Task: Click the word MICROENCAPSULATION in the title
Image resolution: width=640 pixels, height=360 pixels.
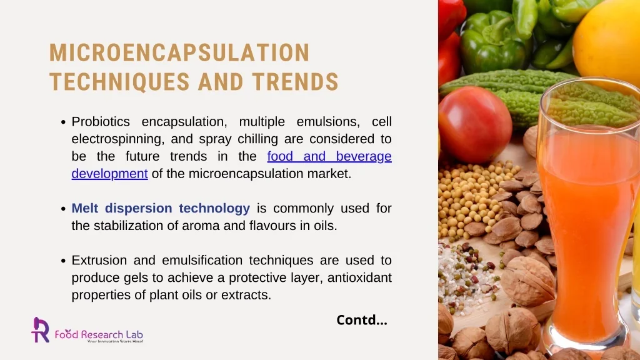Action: (x=179, y=53)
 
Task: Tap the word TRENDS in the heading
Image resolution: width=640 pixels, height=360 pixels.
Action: (x=296, y=82)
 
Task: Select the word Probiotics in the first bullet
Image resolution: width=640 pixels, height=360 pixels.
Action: (x=101, y=121)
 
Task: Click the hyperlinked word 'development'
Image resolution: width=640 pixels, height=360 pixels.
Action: (x=109, y=174)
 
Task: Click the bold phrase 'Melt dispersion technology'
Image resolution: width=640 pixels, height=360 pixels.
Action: (x=161, y=208)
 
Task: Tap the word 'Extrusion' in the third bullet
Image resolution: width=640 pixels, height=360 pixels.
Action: (x=99, y=260)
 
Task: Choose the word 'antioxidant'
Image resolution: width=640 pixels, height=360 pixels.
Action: (x=358, y=277)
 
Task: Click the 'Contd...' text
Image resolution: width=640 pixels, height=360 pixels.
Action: (x=362, y=320)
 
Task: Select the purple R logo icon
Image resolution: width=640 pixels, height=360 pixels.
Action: (x=41, y=329)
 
